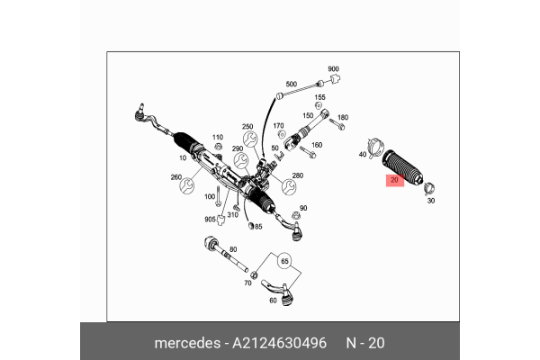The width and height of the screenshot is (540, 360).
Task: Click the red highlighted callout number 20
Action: (x=394, y=181)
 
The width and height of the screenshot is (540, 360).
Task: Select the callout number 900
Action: (x=333, y=69)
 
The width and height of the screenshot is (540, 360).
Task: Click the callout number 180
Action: (x=342, y=117)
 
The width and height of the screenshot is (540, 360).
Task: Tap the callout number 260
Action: (x=176, y=178)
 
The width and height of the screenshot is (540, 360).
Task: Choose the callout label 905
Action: (x=210, y=219)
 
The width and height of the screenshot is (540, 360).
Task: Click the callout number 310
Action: (x=232, y=214)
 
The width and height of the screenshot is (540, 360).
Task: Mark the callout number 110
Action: (x=217, y=137)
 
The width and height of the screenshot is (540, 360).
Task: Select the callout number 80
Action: (x=233, y=249)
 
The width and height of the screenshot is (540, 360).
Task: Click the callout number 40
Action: (x=363, y=155)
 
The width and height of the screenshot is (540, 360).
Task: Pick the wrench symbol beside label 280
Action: (x=290, y=187)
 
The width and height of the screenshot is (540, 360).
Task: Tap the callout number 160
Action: (x=316, y=146)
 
